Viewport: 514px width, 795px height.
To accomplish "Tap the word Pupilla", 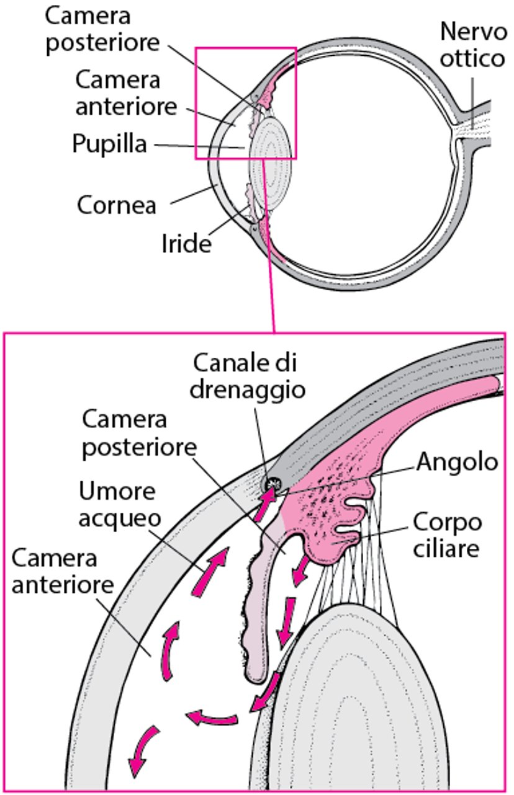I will (x=109, y=144).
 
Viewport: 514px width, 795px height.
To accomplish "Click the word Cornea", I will (x=116, y=205).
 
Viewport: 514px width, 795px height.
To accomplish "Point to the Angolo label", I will (x=457, y=461).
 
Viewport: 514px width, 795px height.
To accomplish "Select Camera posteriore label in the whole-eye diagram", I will (x=102, y=30).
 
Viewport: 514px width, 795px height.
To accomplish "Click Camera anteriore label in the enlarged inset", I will (x=63, y=572).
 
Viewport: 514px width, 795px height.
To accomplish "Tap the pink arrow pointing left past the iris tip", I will (x=212, y=717).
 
